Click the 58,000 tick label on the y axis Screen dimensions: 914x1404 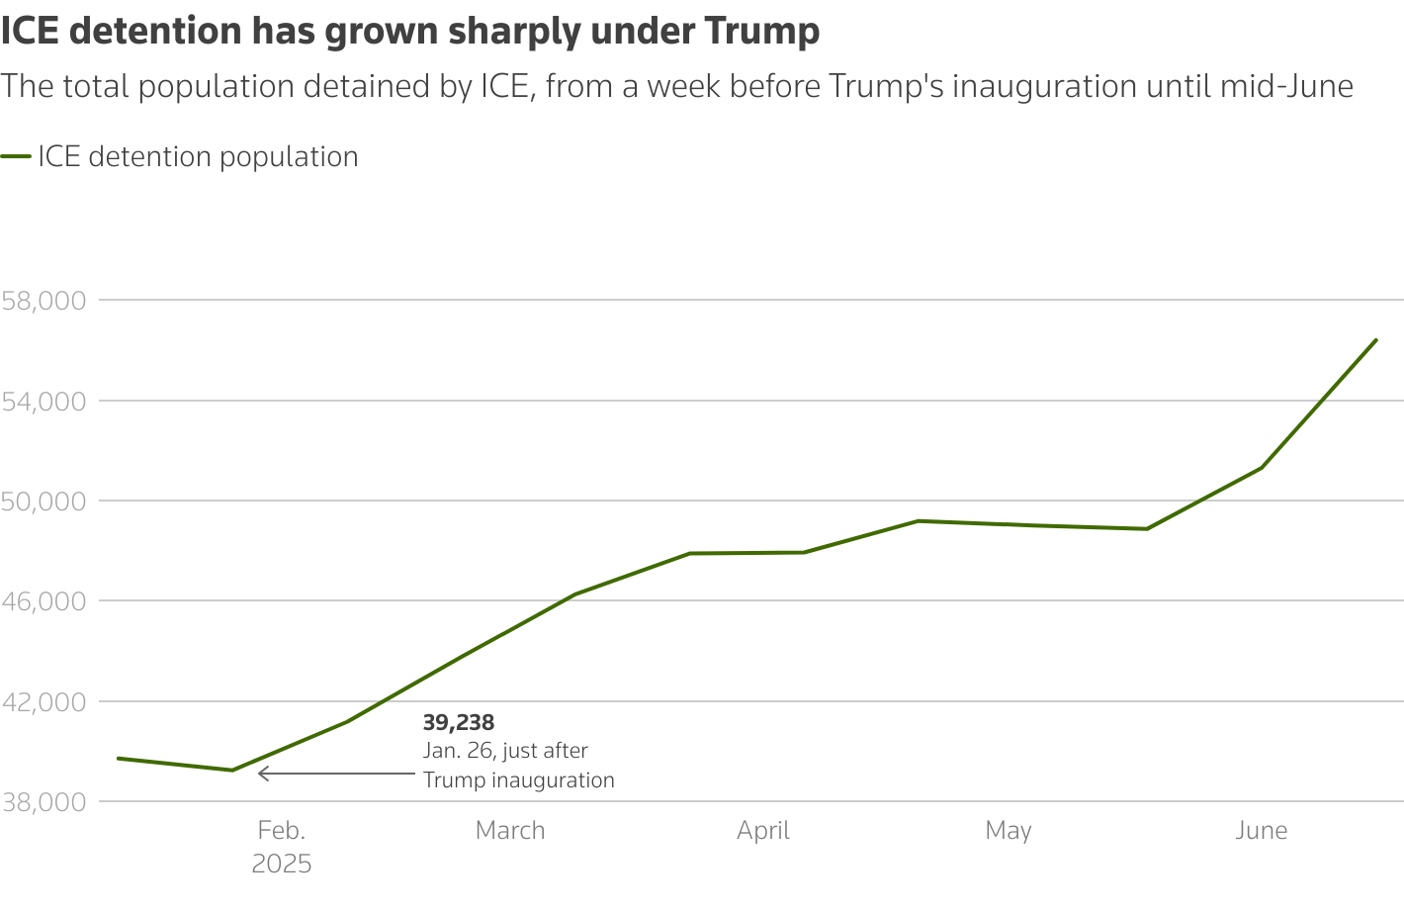(44, 300)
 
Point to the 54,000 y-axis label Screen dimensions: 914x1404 (44, 401)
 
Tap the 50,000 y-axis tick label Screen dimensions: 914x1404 (44, 501)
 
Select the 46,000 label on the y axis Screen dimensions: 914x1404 (44, 601)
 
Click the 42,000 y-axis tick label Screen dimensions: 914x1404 (44, 701)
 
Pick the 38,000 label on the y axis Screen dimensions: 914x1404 (44, 802)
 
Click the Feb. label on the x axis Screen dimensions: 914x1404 (282, 830)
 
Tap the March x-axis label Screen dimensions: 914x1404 (510, 830)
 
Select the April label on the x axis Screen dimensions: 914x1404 (763, 830)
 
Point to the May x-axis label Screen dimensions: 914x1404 (1009, 830)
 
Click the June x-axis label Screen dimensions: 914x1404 (1262, 830)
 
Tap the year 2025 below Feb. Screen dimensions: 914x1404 (282, 864)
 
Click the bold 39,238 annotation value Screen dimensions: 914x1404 (459, 722)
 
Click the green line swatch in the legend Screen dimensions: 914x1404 (16, 157)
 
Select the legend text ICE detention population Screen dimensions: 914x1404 (198, 157)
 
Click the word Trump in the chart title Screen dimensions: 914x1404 (762, 32)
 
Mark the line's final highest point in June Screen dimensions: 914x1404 (1375, 340)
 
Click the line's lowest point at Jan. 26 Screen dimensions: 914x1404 (232, 770)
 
